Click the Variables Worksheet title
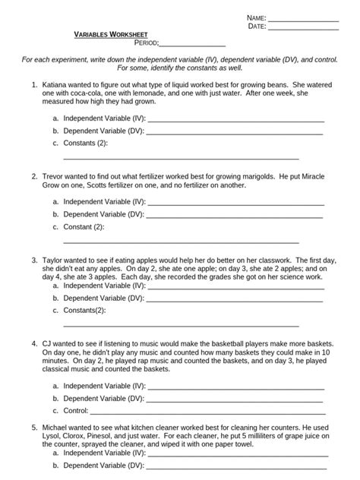click(x=110, y=35)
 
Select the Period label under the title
click(x=146, y=43)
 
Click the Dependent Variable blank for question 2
click(x=235, y=215)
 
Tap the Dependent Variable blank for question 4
click(x=235, y=398)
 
